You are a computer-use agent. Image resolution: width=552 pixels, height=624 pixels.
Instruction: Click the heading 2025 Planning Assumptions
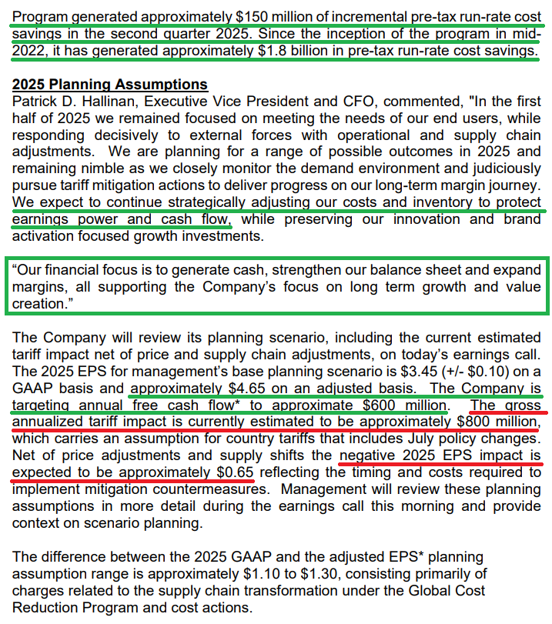tap(110, 85)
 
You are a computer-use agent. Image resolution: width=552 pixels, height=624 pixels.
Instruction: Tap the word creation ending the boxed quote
tap(38, 304)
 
